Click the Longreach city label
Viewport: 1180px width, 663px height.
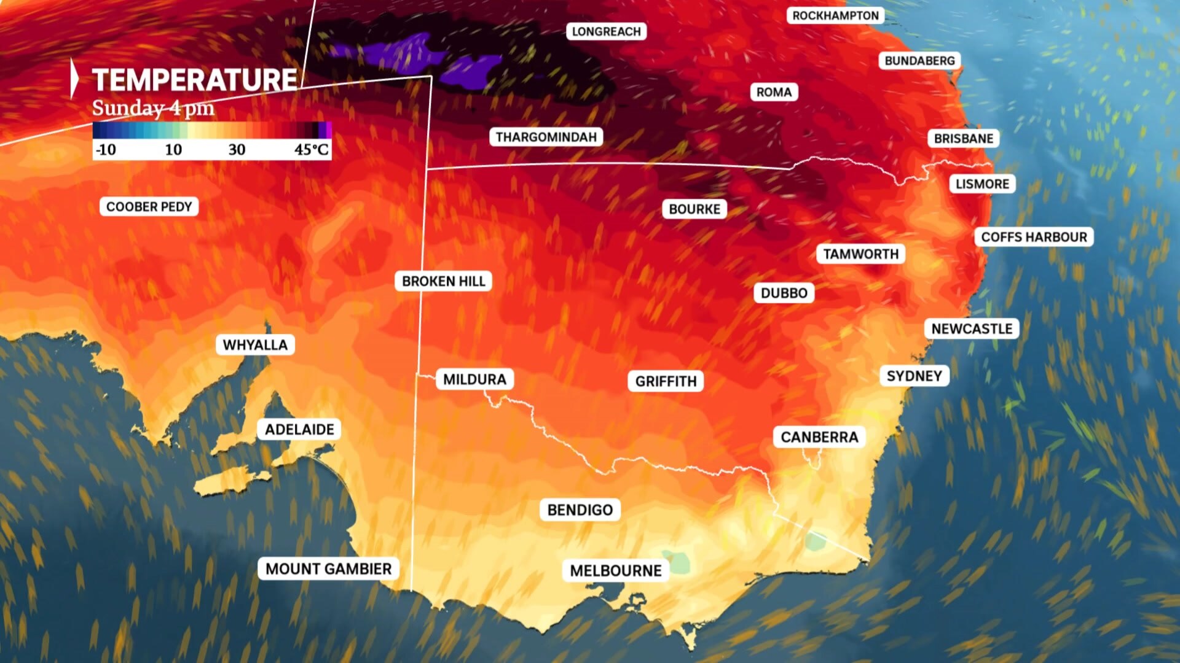[606, 31]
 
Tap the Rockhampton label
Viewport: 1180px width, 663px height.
[835, 15]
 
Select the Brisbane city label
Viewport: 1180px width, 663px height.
[963, 138]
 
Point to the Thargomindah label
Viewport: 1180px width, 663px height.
[546, 136]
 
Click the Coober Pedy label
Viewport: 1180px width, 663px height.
[149, 206]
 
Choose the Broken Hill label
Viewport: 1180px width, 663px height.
[443, 281]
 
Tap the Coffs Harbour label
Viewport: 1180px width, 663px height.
[1034, 237]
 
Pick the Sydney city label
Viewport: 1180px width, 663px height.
[914, 376]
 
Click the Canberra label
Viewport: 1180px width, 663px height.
[819, 437]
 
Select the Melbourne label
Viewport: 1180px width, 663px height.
[616, 571]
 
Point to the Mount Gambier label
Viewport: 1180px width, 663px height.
[328, 569]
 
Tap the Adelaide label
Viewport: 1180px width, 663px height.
[299, 429]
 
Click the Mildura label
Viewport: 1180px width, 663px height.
[474, 379]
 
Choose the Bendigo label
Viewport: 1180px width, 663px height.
[580, 510]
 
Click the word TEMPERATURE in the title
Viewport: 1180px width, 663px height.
[195, 80]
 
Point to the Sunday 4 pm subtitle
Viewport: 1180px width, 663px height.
[153, 108]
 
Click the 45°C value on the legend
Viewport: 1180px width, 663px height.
[311, 149]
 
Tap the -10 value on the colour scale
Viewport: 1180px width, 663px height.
[106, 149]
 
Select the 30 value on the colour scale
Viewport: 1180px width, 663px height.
[237, 149]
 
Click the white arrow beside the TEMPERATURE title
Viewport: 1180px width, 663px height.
[74, 79]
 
